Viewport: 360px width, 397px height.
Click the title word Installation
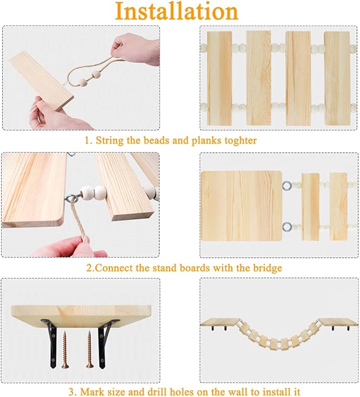(x=177, y=11)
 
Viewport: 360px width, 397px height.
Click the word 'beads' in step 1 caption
(x=157, y=140)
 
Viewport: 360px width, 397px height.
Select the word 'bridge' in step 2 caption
(x=267, y=268)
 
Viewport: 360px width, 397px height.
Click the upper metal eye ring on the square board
(x=287, y=186)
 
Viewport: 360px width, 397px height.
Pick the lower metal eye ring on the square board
(x=287, y=226)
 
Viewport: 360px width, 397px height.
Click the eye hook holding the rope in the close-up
(x=71, y=197)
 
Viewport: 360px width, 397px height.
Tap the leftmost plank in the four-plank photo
(x=219, y=78)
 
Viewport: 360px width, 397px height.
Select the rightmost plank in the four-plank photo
(x=337, y=78)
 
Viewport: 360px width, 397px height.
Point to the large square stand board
(x=241, y=206)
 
